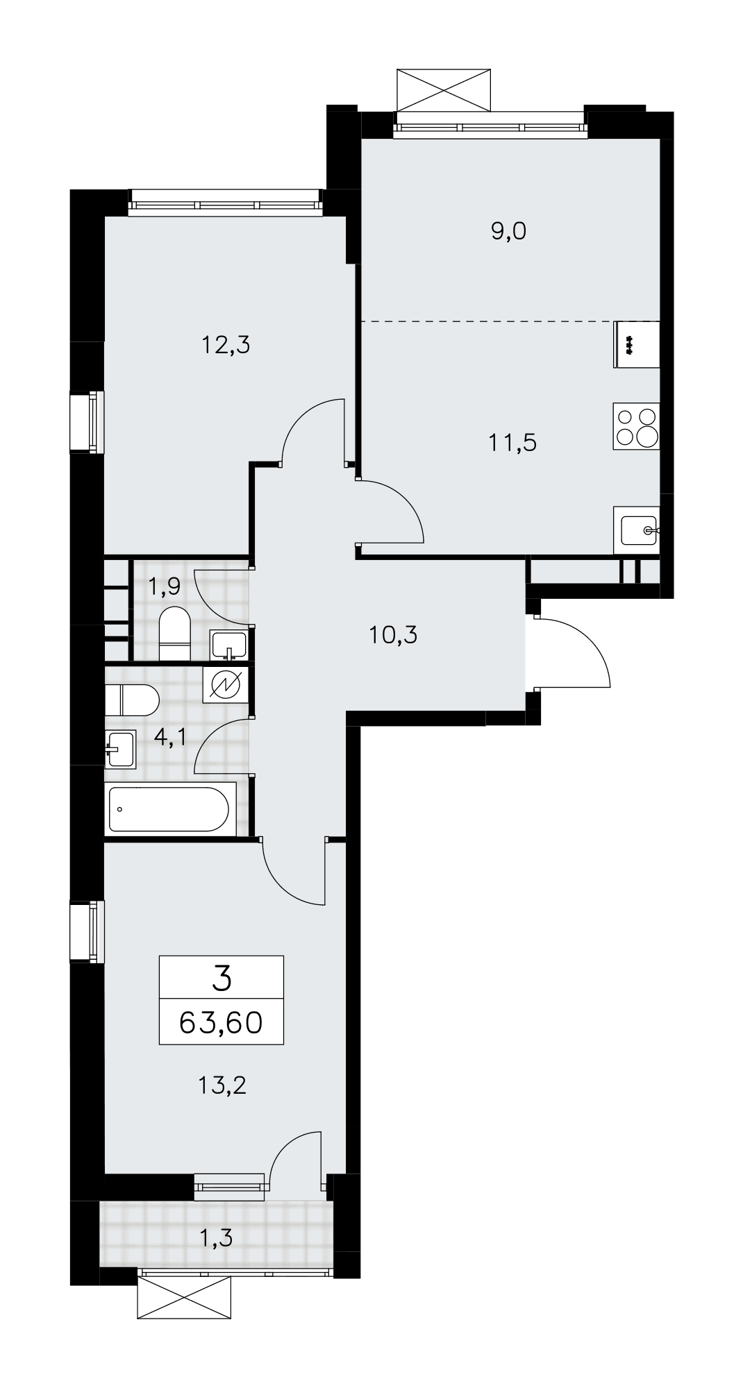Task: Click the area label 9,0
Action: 509,232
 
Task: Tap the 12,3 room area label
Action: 225,344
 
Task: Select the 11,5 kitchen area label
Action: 513,442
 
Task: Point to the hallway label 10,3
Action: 393,634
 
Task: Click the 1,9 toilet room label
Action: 164,587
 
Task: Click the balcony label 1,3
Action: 215,1235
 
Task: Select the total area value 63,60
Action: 222,1022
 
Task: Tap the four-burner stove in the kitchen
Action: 636,425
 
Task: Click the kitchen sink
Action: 637,530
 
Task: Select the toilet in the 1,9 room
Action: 174,634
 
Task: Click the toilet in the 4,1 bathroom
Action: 133,700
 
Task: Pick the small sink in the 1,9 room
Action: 228,645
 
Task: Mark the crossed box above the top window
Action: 445,89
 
